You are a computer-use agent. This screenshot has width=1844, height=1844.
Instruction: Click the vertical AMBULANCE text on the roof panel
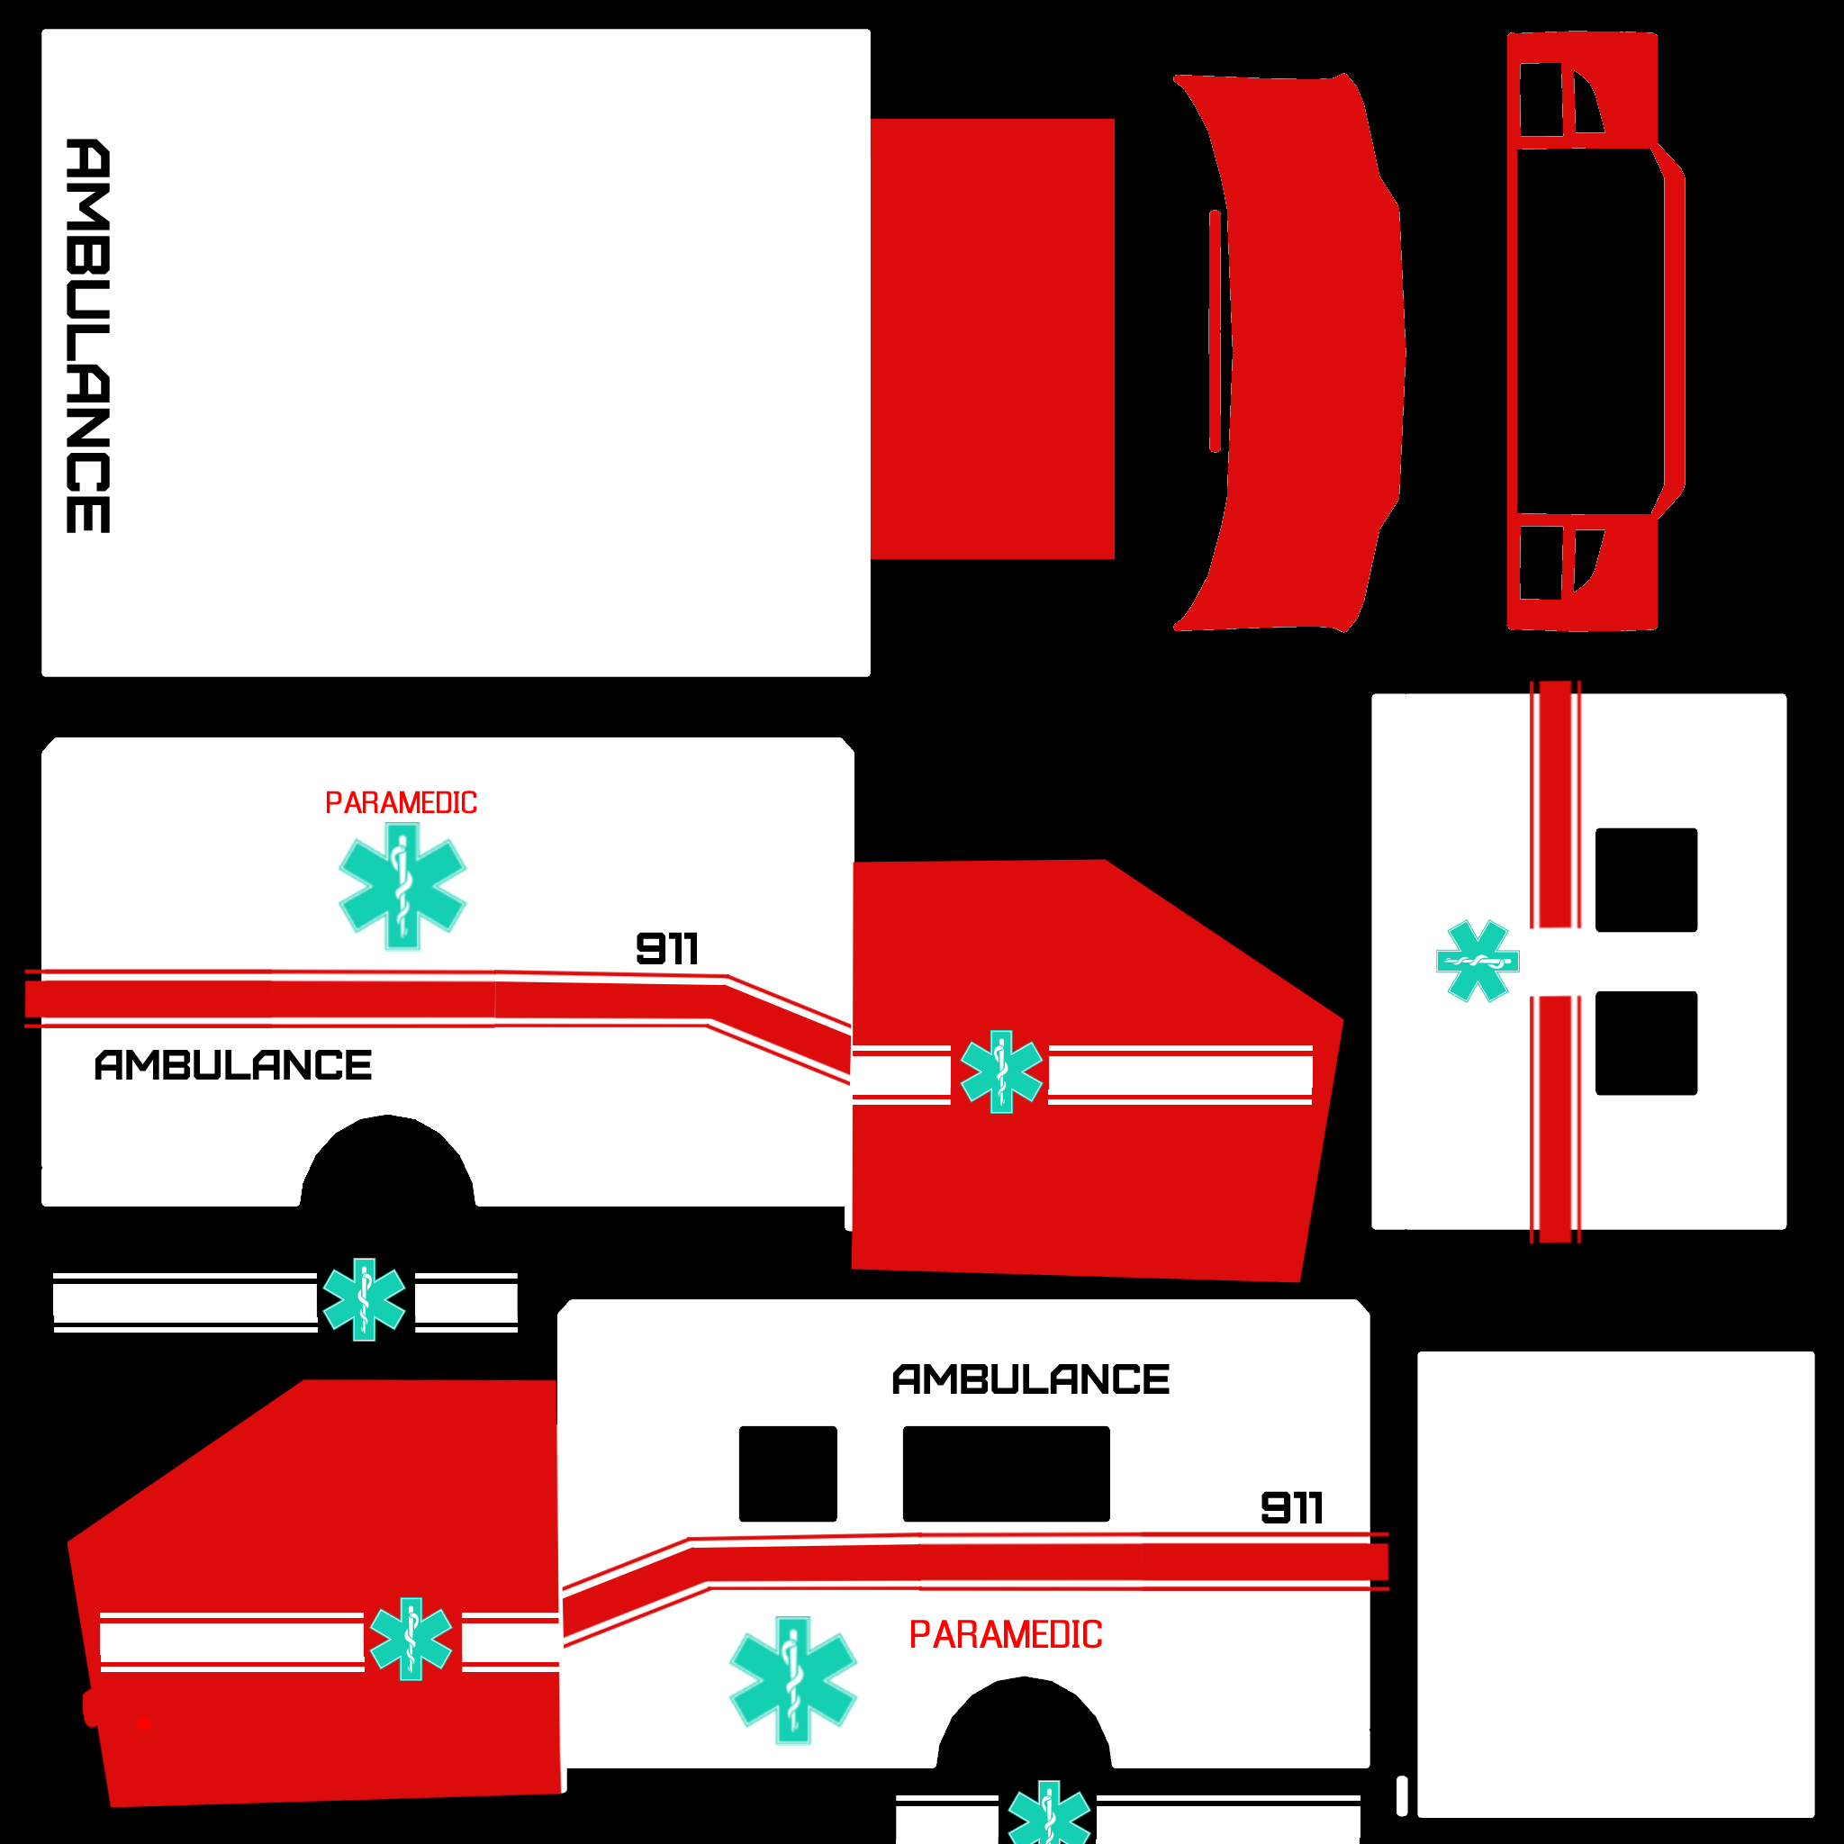click(x=88, y=336)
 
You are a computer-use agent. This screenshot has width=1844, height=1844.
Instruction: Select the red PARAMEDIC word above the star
click(x=401, y=802)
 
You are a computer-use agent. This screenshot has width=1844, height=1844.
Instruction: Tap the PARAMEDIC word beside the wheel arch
click(x=1005, y=1635)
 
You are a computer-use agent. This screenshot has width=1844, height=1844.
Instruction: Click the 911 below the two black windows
click(x=1291, y=1508)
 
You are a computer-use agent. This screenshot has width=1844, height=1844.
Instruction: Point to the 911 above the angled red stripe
click(x=667, y=949)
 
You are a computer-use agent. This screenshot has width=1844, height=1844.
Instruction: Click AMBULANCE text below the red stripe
click(x=233, y=1065)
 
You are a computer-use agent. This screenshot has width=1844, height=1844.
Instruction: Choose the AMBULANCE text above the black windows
click(x=1031, y=1379)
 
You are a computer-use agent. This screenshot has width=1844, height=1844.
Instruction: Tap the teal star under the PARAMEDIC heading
click(x=402, y=886)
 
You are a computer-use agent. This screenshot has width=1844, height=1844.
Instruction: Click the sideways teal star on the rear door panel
click(x=1478, y=961)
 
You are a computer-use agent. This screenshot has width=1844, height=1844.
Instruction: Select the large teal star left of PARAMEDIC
click(x=793, y=1681)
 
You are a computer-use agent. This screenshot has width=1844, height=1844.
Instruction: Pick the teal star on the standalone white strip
click(x=364, y=1300)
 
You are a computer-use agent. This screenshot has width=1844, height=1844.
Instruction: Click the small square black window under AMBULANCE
click(x=788, y=1474)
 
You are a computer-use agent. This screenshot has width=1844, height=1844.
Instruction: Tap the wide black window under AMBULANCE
click(x=1006, y=1474)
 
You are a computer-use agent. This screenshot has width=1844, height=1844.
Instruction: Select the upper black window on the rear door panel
click(x=1647, y=880)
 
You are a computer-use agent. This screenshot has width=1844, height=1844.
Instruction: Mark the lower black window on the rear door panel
click(x=1647, y=1044)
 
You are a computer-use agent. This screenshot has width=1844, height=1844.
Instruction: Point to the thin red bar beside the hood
click(x=1215, y=331)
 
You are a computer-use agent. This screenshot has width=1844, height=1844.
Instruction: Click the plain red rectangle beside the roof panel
click(x=992, y=339)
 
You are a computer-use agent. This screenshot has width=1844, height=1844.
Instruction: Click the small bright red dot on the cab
click(x=144, y=1723)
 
